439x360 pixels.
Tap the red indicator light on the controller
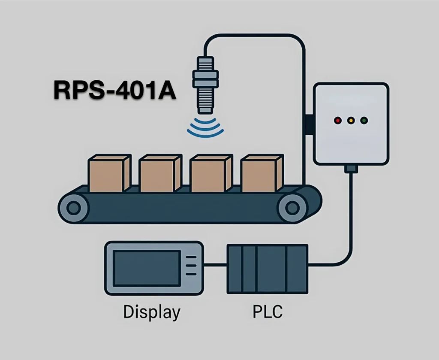coord(338,121)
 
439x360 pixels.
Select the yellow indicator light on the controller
coord(351,121)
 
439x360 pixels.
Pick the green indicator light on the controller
coord(364,121)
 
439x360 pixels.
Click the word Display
coord(151,312)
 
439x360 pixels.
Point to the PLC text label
coord(267,312)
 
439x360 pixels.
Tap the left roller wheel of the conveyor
coord(74,209)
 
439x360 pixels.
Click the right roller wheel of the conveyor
coord(293,209)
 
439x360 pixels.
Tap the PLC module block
coord(267,269)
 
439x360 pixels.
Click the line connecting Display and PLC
coord(215,265)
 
